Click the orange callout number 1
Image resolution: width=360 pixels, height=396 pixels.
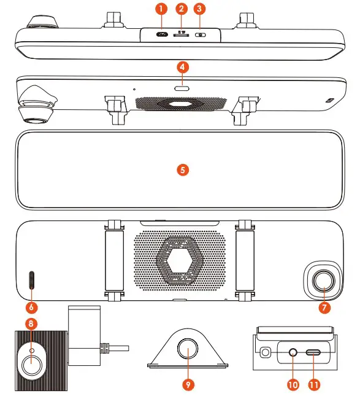pos(161,9)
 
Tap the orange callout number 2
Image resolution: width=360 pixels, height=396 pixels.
pos(181,9)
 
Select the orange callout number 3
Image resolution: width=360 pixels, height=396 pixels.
pos(199,9)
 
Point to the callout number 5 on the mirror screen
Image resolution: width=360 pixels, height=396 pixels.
pos(181,169)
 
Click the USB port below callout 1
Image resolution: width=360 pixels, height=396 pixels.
pos(162,34)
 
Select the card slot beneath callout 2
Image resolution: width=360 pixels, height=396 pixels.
pos(181,35)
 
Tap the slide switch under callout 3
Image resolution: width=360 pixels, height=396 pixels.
pos(199,35)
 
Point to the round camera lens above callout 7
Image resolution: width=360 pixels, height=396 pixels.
pos(323,281)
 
